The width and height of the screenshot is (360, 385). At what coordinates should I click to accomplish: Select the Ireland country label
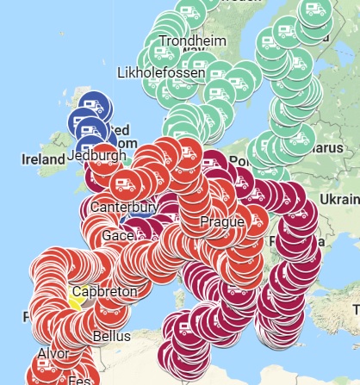coord(44,159)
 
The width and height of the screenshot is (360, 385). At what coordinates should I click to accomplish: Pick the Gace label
coord(117,235)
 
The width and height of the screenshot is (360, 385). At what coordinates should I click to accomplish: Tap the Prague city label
coord(221,222)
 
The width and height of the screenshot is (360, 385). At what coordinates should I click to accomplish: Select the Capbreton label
coord(104,292)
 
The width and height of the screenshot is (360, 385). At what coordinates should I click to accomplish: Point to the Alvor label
coord(53,353)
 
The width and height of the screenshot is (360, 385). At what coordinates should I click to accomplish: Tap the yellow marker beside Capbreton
coord(74,301)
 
